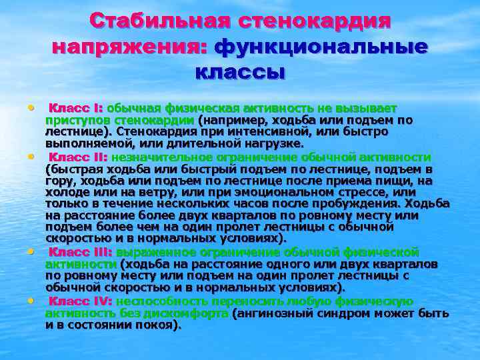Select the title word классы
[x=240, y=71]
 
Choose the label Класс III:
[x=81, y=252]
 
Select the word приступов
[x=71, y=120]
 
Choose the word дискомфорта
[x=189, y=313]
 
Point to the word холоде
[x=66, y=193]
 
